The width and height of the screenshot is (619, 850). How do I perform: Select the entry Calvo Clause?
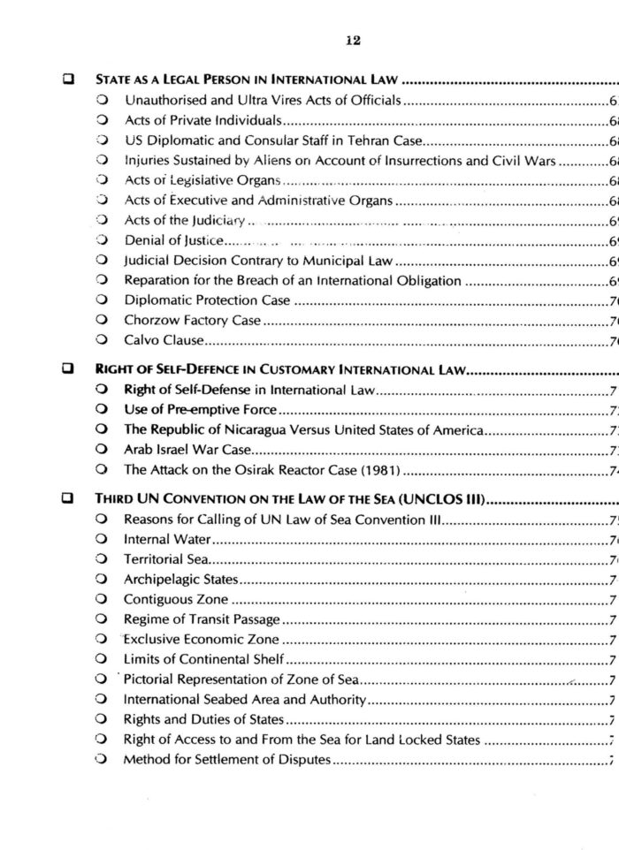pyautogui.click(x=164, y=340)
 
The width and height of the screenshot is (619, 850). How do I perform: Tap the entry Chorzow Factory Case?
pyautogui.click(x=192, y=320)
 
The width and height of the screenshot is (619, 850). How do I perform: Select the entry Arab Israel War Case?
pyautogui.click(x=187, y=450)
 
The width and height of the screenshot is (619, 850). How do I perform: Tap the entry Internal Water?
pyautogui.click(x=167, y=539)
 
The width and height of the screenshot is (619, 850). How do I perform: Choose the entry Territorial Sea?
pyautogui.click(x=165, y=559)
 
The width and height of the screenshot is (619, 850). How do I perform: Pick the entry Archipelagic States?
pyautogui.click(x=180, y=580)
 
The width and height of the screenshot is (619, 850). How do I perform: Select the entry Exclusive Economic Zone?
pyautogui.click(x=201, y=639)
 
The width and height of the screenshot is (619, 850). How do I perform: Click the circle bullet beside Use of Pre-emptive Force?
pyautogui.click(x=103, y=410)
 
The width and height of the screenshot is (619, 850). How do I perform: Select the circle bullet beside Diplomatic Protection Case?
pyautogui.click(x=103, y=300)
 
